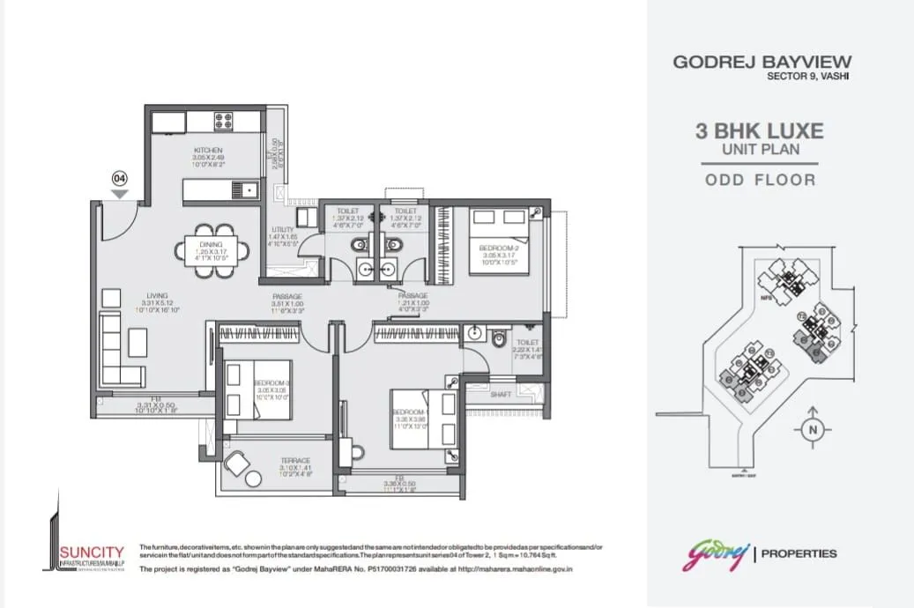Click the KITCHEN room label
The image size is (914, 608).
pos(209,151)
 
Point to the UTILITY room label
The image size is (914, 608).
pos(282,229)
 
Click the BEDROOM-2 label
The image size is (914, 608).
pos(497,248)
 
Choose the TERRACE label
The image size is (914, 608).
pos(296,461)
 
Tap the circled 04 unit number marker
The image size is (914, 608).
pos(121,177)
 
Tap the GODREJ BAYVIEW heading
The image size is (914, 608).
pos(762,62)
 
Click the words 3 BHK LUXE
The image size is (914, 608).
pos(759,131)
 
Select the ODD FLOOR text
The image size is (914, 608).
pos(760,180)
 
